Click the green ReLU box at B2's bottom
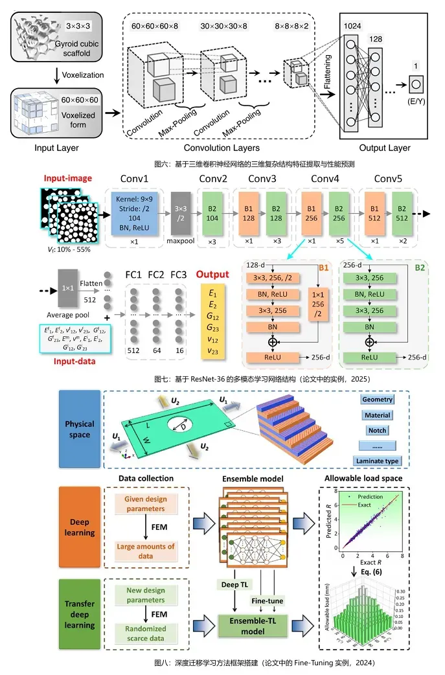(369, 356)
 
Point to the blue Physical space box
(80, 429)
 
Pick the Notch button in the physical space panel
(377, 430)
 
